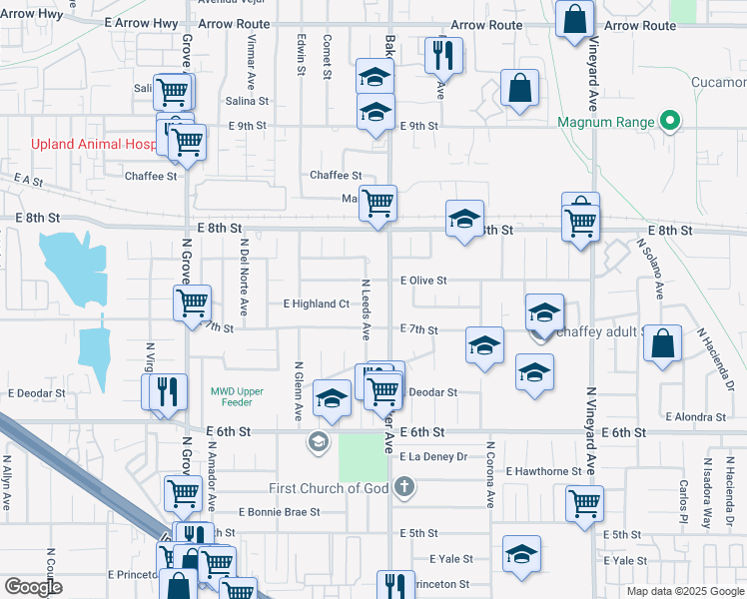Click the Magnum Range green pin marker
pos(670,123)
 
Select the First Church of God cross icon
pos(403,488)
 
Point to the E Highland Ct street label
pos(317,303)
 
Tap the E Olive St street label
pos(422,281)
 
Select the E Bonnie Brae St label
pos(280,511)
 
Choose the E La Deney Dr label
pos(433,456)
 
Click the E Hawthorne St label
pos(543,471)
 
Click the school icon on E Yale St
pos(522,554)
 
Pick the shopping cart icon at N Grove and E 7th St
pos(192,301)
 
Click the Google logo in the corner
pos(33,587)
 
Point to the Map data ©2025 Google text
pos(684,591)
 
